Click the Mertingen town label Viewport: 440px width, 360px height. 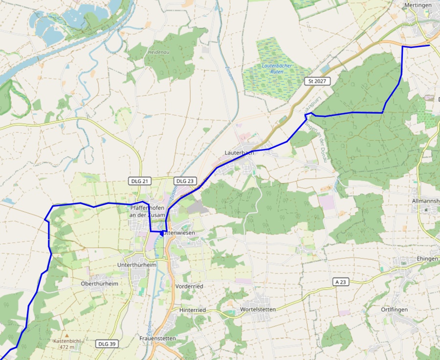(x=417, y=5)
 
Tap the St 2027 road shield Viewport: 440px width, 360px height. (x=317, y=81)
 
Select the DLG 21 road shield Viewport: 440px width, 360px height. (x=139, y=181)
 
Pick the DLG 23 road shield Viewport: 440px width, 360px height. (x=184, y=181)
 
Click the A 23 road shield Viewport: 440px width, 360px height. (x=343, y=282)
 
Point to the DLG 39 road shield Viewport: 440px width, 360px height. (x=106, y=344)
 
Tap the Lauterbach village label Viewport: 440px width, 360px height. (x=239, y=152)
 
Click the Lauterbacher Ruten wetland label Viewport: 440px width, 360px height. (x=276, y=68)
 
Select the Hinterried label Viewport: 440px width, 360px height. (x=192, y=310)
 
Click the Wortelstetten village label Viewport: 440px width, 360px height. (x=259, y=310)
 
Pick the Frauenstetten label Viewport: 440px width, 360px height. (x=157, y=339)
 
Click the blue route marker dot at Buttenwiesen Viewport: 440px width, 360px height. (x=162, y=233)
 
